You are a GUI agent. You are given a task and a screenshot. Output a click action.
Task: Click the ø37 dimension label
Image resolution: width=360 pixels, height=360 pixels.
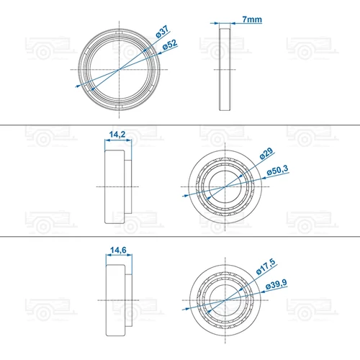(163, 32)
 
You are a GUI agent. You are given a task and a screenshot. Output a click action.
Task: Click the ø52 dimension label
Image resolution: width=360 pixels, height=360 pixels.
(170, 45)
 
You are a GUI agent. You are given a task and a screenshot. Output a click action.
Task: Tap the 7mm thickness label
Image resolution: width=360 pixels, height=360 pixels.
(252, 19)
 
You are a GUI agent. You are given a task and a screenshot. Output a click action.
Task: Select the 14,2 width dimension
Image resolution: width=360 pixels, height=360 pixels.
(117, 135)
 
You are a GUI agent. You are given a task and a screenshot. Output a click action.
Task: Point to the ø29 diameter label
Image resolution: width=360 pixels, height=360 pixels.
(266, 153)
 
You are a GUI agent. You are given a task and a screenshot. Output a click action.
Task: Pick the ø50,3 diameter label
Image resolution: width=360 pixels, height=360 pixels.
(277, 170)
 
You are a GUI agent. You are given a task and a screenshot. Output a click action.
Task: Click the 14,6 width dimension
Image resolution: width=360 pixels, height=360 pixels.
(118, 250)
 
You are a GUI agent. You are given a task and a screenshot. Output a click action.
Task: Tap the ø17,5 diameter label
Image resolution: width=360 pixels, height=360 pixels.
(266, 266)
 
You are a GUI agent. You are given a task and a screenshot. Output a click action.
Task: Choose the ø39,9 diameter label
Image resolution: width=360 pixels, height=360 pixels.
(276, 284)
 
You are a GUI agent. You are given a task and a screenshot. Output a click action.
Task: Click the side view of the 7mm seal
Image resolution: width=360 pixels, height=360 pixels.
(225, 69)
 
